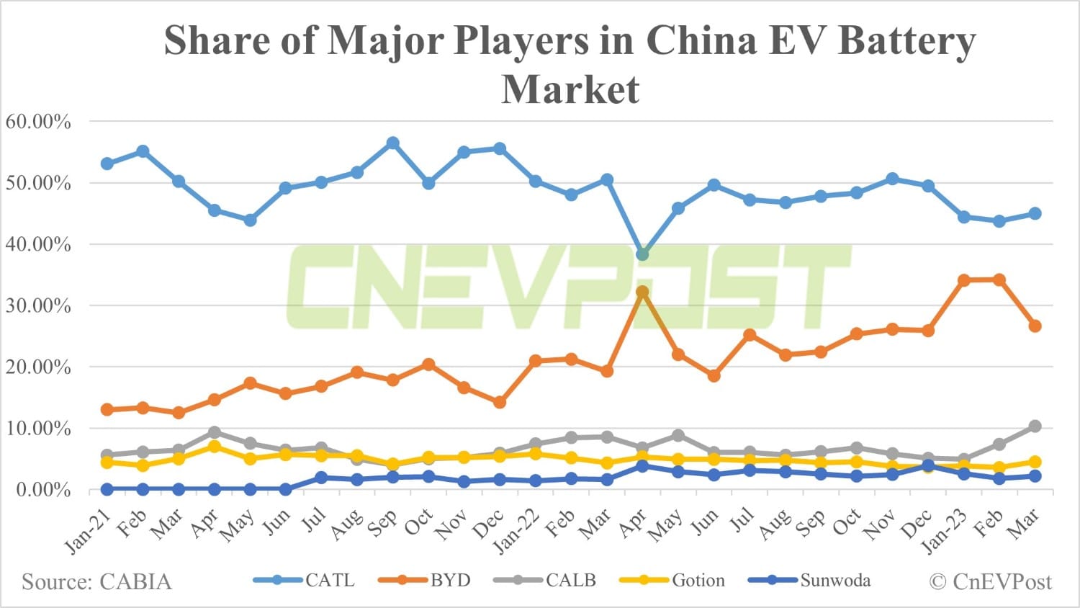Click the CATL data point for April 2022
tap(642, 254)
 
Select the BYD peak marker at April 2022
tap(642, 292)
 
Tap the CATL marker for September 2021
tap(392, 143)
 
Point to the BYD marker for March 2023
tap(1035, 326)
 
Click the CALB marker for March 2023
tap(1035, 426)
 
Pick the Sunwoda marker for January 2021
tap(107, 489)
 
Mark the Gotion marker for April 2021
tap(214, 447)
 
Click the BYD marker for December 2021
tap(500, 402)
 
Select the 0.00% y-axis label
tap(43, 490)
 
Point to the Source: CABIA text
tap(96, 582)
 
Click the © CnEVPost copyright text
tap(990, 582)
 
